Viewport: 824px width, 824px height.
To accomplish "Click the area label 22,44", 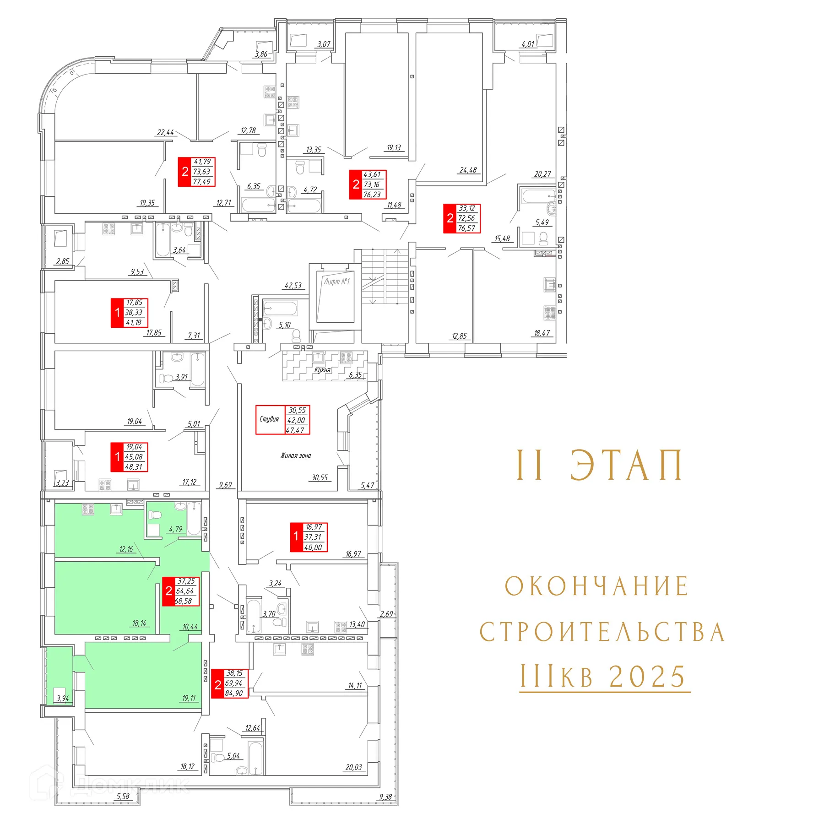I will coord(165,132).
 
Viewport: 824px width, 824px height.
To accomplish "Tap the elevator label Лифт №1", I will coord(336,282).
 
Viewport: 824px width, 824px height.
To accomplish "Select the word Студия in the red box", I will coord(269,419).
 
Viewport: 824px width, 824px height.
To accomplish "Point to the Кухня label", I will coord(322,370).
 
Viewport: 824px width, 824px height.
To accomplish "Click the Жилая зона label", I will coord(296,455).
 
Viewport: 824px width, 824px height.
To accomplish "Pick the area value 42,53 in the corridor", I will coord(293,286).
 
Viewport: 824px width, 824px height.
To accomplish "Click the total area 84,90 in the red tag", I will coord(234,693).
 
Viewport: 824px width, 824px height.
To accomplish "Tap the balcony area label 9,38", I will coord(385,797).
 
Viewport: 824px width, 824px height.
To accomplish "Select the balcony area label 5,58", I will coord(123,797).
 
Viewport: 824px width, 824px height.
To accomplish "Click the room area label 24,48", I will coord(468,170).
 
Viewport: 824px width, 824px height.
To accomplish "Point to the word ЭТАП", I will coord(626,466).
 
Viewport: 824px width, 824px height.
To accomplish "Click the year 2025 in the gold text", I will coord(648,677).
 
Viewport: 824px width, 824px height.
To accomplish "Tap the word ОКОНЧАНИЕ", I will coord(596,586).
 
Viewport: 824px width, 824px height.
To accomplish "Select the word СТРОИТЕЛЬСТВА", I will coord(602,632).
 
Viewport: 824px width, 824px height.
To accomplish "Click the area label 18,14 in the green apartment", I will coord(139,623).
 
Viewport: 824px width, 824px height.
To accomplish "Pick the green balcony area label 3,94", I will coord(62,699).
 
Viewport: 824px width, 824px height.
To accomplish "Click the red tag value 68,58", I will coord(184,601).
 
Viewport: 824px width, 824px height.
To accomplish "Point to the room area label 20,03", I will coord(353,767).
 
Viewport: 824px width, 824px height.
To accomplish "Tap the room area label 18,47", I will coord(542,333).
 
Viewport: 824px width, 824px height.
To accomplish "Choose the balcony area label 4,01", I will coord(528,44).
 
